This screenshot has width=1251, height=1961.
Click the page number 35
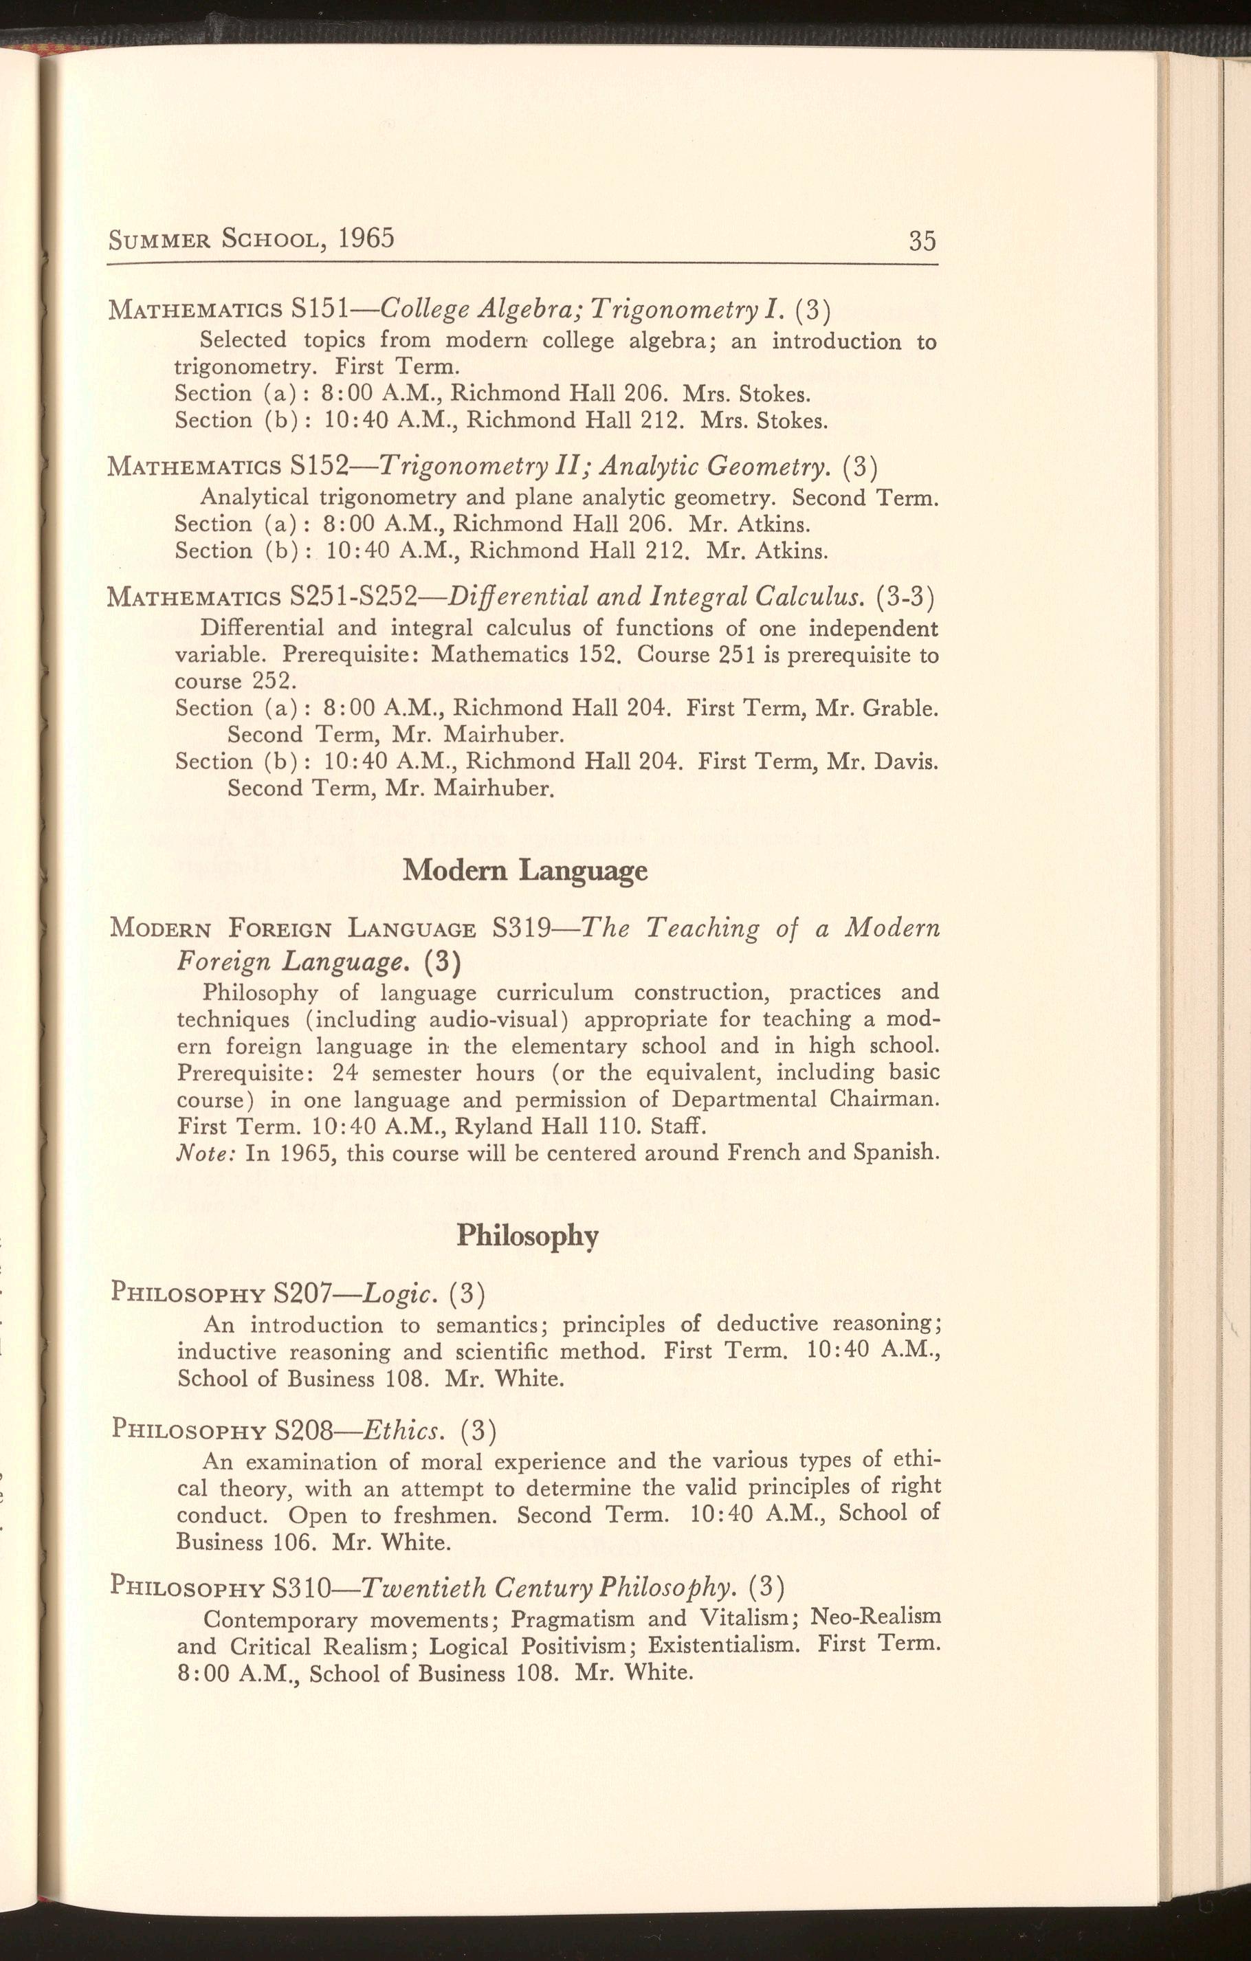pyautogui.click(x=922, y=241)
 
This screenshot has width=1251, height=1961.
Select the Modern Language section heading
pyautogui.click(x=525, y=872)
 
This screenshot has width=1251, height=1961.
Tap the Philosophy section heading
pyautogui.click(x=527, y=1237)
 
